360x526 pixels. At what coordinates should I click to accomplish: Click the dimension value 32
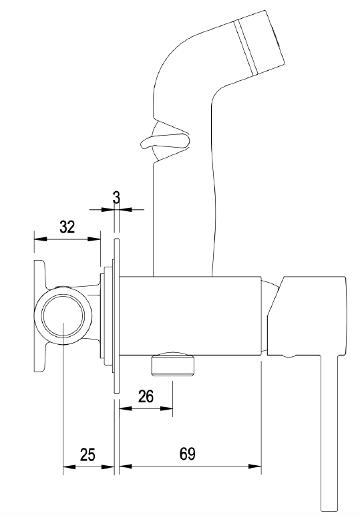tap(67, 227)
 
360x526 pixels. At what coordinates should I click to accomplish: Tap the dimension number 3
tap(116, 198)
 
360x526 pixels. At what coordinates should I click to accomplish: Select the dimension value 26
tap(146, 396)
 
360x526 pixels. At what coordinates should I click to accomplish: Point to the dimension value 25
tap(87, 454)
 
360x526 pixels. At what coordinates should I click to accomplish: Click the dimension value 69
tap(188, 454)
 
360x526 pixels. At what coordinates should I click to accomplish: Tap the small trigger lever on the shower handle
tap(164, 141)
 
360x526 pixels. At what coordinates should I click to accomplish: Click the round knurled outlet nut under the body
tap(173, 364)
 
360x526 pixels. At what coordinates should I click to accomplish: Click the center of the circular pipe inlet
tap(63, 315)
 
